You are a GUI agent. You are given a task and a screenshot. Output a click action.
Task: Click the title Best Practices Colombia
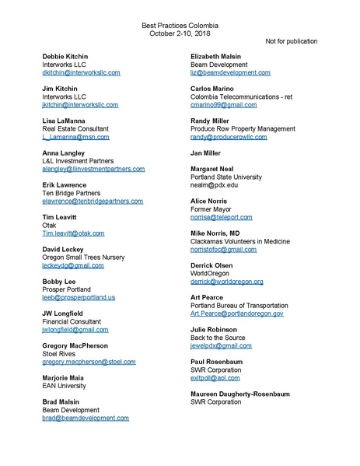point(180,26)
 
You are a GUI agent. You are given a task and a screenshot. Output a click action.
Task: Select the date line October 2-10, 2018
point(180,34)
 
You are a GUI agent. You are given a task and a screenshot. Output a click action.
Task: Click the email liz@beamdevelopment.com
point(231,72)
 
